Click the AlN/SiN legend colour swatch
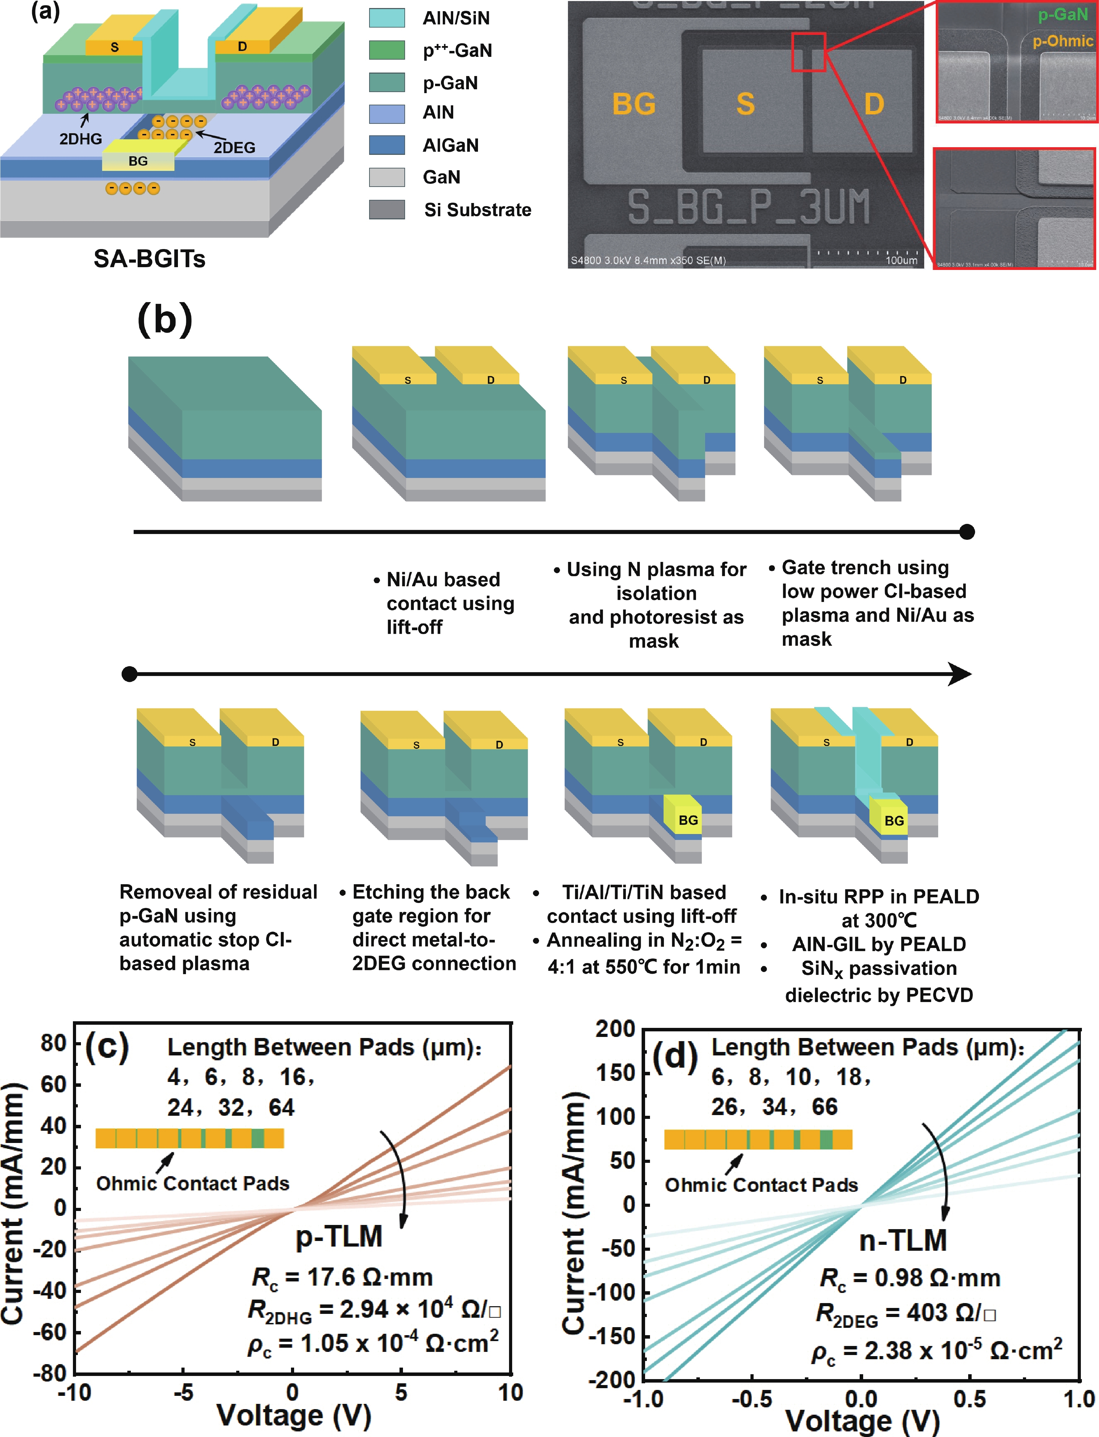pyautogui.click(x=387, y=18)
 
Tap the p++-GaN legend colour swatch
pyautogui.click(x=387, y=50)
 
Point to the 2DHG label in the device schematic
pyautogui.click(x=81, y=139)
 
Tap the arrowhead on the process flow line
pyautogui.click(x=960, y=674)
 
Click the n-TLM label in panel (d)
pyautogui.click(x=903, y=1240)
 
